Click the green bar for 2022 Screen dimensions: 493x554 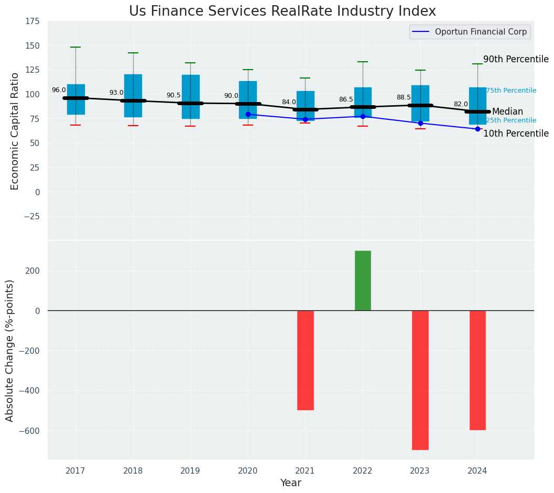[x=363, y=281]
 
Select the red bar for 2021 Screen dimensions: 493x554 [x=305, y=360]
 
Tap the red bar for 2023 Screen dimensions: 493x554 [x=420, y=380]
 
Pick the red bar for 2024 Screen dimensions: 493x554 [x=477, y=370]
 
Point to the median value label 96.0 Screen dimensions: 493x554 [x=59, y=90]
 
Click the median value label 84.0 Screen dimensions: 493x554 [x=289, y=102]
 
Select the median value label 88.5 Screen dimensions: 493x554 [x=404, y=97]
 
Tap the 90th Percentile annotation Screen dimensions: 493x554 [x=516, y=60]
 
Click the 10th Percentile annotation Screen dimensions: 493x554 [x=516, y=134]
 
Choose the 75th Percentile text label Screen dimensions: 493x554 [x=511, y=91]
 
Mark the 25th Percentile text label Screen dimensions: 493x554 [x=511, y=120]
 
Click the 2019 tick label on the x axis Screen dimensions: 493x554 [x=190, y=472]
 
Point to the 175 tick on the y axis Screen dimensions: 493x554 [x=32, y=21]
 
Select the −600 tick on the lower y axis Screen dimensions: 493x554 [x=30, y=431]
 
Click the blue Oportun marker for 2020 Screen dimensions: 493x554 [x=248, y=114]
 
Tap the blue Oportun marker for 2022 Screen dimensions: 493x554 [x=363, y=116]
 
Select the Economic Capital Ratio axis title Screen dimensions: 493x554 [x=15, y=131]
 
